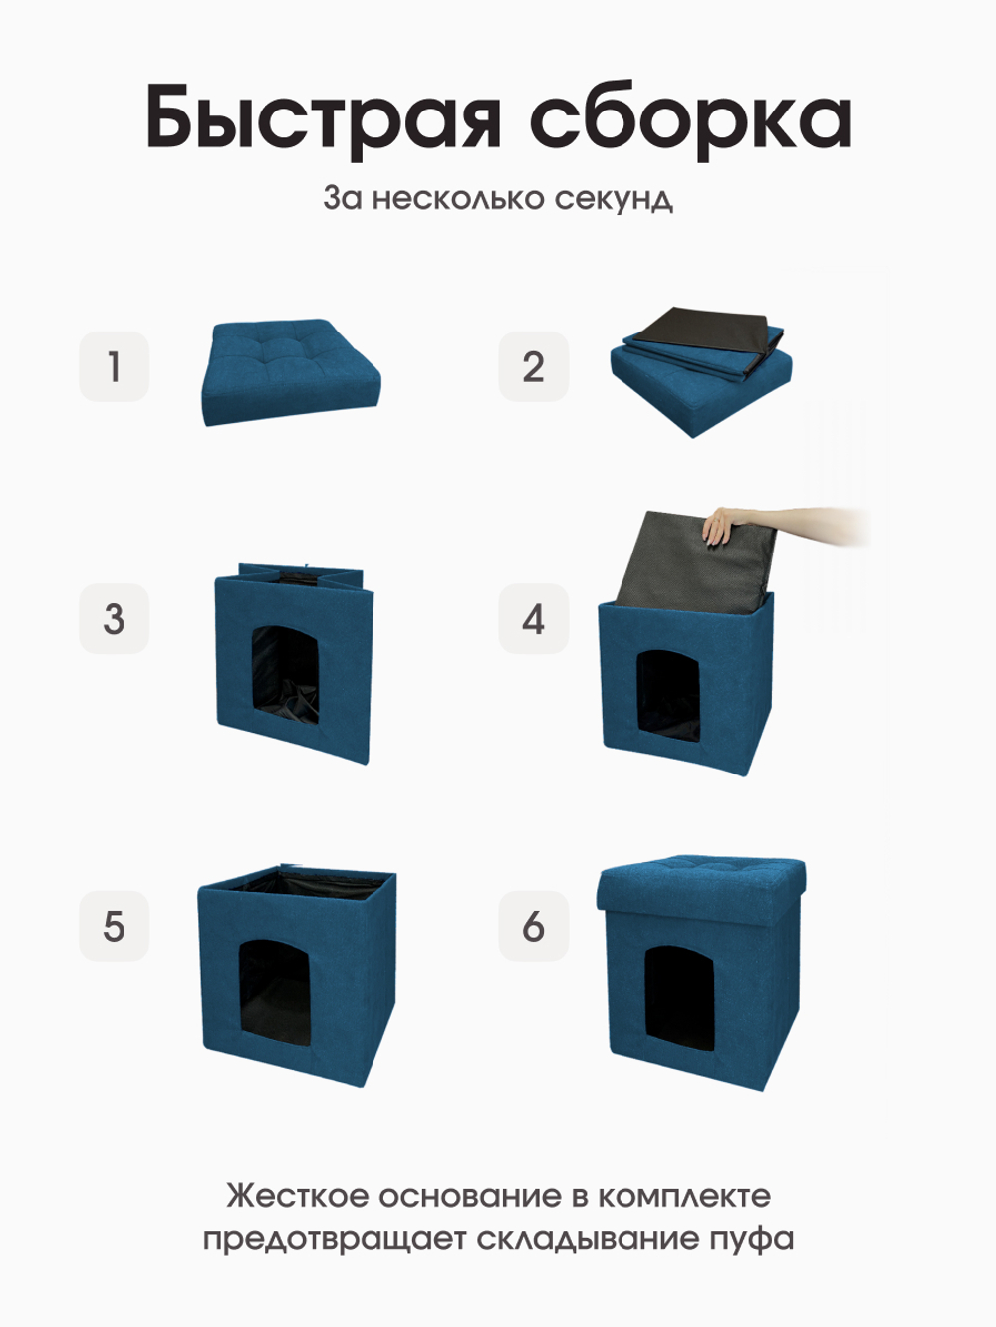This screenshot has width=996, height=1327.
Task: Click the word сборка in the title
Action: (x=690, y=117)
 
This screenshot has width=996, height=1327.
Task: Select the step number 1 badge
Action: (x=114, y=366)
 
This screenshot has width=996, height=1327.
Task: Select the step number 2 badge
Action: (x=533, y=366)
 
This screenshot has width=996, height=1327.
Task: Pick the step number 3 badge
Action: (x=114, y=618)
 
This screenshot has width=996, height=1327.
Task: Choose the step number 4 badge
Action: (x=533, y=618)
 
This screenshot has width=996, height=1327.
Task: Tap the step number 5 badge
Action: (x=114, y=926)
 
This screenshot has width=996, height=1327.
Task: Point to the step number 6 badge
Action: (x=533, y=926)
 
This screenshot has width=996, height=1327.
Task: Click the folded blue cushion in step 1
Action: (x=290, y=371)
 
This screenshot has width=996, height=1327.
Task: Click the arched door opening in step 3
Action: (x=285, y=675)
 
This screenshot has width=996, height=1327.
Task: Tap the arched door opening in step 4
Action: (x=668, y=697)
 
